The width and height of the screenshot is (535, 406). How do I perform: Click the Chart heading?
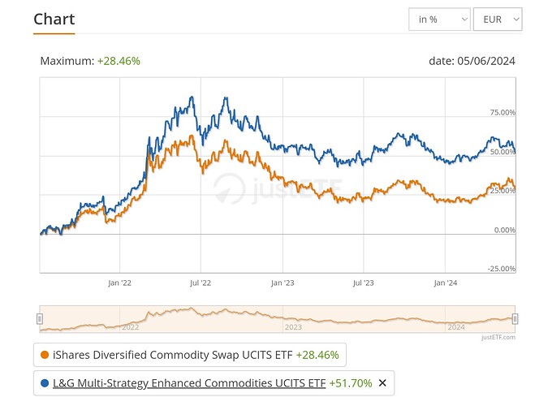[54, 19]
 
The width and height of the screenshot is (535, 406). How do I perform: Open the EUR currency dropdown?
[497, 19]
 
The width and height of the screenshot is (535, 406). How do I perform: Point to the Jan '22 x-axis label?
[119, 283]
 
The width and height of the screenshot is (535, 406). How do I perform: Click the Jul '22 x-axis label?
[201, 283]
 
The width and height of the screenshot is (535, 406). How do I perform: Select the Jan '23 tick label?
[283, 283]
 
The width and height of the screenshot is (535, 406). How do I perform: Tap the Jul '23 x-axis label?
[364, 283]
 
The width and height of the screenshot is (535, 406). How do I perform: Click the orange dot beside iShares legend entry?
[43, 355]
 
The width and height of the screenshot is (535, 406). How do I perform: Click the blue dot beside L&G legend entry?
[43, 382]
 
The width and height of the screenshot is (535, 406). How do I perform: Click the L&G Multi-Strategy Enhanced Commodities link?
[188, 382]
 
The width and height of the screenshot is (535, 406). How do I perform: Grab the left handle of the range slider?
[39, 319]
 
